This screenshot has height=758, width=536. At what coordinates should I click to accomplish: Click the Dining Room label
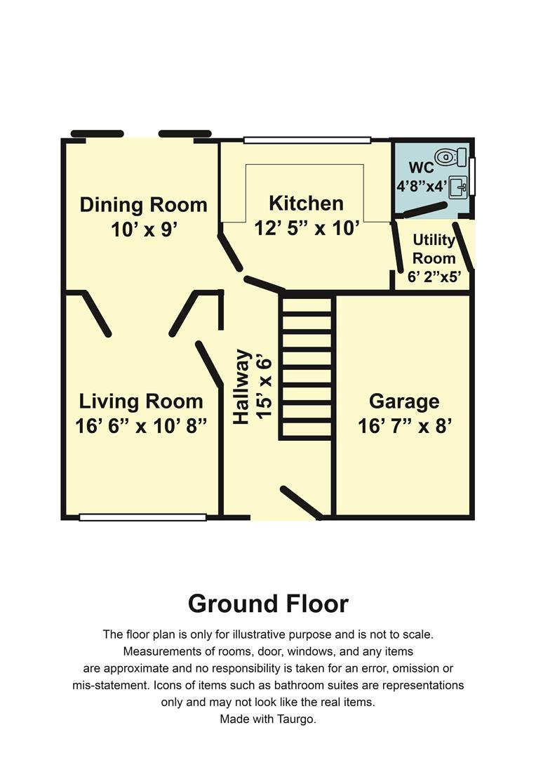pos(143,205)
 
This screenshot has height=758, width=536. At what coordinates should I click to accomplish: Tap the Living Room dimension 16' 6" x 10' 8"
pos(141,425)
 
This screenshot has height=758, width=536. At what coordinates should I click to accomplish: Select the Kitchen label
pos(306,204)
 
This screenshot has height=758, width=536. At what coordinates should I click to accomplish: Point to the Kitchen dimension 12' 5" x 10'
pos(307,227)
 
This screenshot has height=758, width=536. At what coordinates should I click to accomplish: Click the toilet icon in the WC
pos(450,156)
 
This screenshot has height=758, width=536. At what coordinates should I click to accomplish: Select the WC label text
pos(421,169)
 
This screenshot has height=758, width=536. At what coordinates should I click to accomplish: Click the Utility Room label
pos(434,249)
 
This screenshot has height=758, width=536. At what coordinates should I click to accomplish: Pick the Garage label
pos(404,401)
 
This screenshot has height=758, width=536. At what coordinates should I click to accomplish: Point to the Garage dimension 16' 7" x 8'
pos(404,425)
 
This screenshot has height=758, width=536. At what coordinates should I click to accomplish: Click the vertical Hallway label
pos(241,387)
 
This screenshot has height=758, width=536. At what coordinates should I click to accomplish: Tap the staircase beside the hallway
pos(306,367)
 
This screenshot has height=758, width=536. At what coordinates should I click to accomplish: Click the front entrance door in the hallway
pos(301,501)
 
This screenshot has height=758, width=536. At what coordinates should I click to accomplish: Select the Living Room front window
pos(142,517)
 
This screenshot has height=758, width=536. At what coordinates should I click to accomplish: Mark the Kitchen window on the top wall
pos(307,140)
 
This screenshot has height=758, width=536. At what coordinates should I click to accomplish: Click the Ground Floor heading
pos(268,604)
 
